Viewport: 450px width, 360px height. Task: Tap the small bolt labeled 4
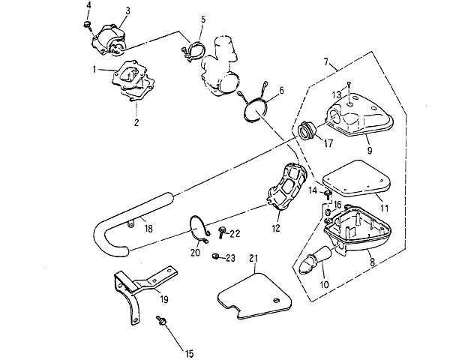pyautogui.click(x=88, y=25)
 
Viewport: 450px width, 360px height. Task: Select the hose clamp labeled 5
pyautogui.click(x=193, y=51)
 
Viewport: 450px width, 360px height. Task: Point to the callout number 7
pyautogui.click(x=326, y=61)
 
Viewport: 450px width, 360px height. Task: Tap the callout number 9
pyautogui.click(x=370, y=150)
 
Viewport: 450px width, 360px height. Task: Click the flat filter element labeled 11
pyautogui.click(x=358, y=177)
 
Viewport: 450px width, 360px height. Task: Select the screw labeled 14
pyautogui.click(x=328, y=195)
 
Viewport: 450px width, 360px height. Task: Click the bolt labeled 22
pyautogui.click(x=221, y=232)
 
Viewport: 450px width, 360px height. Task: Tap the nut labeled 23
pyautogui.click(x=214, y=256)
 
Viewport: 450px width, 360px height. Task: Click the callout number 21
pyautogui.click(x=253, y=258)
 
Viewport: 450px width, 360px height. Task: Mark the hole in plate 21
pyautogui.click(x=276, y=300)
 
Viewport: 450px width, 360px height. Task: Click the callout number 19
pyautogui.click(x=163, y=299)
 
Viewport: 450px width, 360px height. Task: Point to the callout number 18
pyautogui.click(x=148, y=229)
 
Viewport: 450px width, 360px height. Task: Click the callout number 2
pyautogui.click(x=136, y=122)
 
